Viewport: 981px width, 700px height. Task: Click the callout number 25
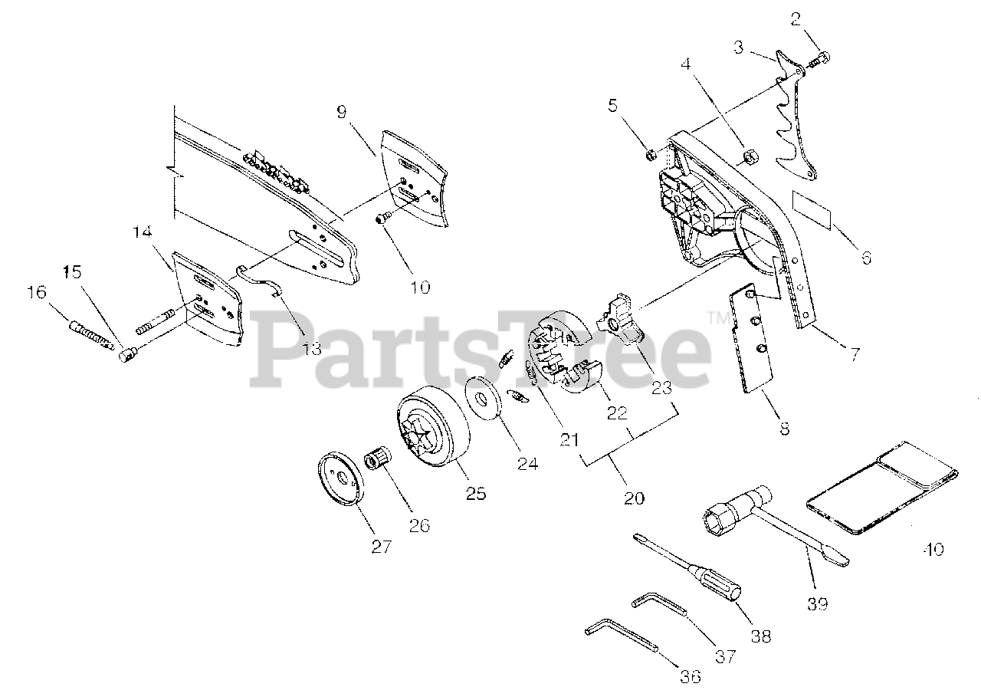tap(476, 493)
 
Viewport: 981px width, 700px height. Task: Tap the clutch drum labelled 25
tap(429, 431)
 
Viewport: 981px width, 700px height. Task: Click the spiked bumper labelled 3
tap(793, 115)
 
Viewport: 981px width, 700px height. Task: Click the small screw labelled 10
tap(382, 220)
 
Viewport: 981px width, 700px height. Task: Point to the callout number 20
tap(633, 498)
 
